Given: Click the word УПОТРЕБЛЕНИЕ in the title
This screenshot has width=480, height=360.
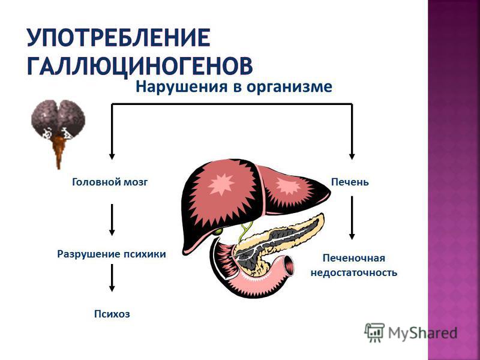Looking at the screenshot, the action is click(118, 38).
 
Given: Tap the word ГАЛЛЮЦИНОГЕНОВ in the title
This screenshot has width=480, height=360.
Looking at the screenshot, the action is click(140, 65).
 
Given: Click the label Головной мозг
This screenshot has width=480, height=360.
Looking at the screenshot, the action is click(110, 182).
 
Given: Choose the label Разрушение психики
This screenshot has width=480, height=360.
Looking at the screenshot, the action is click(112, 254).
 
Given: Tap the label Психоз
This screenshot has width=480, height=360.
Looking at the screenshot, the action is click(112, 314).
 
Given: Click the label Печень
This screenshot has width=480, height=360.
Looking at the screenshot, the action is click(350, 182).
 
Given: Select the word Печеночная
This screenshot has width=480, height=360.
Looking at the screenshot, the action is click(354, 258).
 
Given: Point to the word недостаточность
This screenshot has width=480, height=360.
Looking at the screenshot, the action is click(354, 272).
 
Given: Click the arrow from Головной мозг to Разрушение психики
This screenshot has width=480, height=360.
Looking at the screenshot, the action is click(112, 220).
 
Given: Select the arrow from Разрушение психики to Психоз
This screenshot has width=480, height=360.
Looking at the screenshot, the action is click(112, 278).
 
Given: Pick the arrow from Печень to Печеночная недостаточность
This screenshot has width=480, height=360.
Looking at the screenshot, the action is click(352, 218).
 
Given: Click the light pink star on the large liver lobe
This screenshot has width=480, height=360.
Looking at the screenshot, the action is click(221, 184).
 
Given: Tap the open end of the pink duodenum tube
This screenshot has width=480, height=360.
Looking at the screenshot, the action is click(289, 265).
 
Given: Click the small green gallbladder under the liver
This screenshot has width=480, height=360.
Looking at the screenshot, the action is click(218, 231).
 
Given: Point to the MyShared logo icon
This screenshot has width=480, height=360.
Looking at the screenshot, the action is click(374, 332).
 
